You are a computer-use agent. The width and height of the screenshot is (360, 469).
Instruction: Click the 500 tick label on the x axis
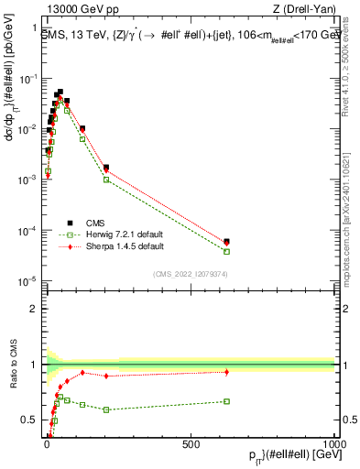(191, 444)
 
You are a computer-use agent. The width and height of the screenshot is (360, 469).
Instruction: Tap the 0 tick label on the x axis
(47, 444)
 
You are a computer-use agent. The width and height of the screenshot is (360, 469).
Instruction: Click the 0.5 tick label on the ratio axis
(28, 420)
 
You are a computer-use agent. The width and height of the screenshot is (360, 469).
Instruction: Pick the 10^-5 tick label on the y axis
(27, 281)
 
